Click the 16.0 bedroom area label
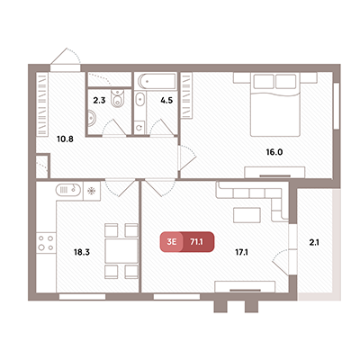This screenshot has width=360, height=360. (274, 152)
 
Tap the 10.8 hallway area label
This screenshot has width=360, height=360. (65, 139)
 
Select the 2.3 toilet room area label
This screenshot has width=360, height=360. (99, 101)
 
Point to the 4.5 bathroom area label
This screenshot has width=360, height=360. (166, 101)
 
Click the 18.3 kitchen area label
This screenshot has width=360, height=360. (82, 252)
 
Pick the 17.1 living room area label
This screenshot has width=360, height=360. (241, 252)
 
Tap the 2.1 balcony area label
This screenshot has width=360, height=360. (314, 242)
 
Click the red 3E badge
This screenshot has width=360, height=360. (172, 242)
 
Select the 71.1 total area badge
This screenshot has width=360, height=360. (197, 242)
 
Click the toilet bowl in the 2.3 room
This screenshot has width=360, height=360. (117, 98)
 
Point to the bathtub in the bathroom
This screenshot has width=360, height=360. (157, 81)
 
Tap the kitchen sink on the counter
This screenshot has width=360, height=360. (68, 190)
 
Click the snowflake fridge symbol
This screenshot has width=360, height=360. (91, 191)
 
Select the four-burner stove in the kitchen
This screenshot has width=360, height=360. (46, 243)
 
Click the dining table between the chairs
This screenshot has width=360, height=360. (121, 251)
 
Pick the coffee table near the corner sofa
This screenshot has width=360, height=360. (247, 215)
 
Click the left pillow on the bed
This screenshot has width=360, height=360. (264, 81)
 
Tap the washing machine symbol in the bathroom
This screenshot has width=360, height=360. (139, 128)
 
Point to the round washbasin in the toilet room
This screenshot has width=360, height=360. (92, 118)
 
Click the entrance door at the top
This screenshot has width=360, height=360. (66, 67)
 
